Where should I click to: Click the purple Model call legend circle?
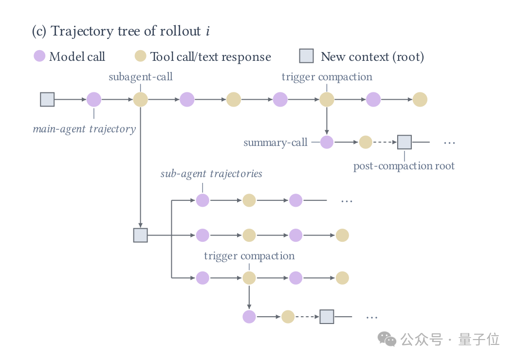[39, 56]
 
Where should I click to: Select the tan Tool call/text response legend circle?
[140, 56]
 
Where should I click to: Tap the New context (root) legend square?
[306, 56]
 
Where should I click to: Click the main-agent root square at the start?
[47, 99]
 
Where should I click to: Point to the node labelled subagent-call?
[141, 99]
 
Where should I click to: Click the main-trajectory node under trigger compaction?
[327, 99]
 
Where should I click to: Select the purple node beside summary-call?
[327, 142]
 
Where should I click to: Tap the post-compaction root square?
[405, 142]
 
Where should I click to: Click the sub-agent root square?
[141, 235]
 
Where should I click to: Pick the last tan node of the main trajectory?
[420, 99]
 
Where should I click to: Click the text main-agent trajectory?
[84, 129]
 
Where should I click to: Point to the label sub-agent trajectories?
[211, 174]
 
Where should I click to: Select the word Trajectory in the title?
[83, 31]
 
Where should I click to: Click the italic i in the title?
[208, 31]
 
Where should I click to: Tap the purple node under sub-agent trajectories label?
[203, 200]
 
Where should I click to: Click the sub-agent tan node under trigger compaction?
[249, 278]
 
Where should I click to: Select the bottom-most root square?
[327, 317]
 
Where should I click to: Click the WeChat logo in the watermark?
[387, 339]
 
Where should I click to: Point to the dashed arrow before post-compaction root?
[385, 142]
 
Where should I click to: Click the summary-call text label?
[276, 143]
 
